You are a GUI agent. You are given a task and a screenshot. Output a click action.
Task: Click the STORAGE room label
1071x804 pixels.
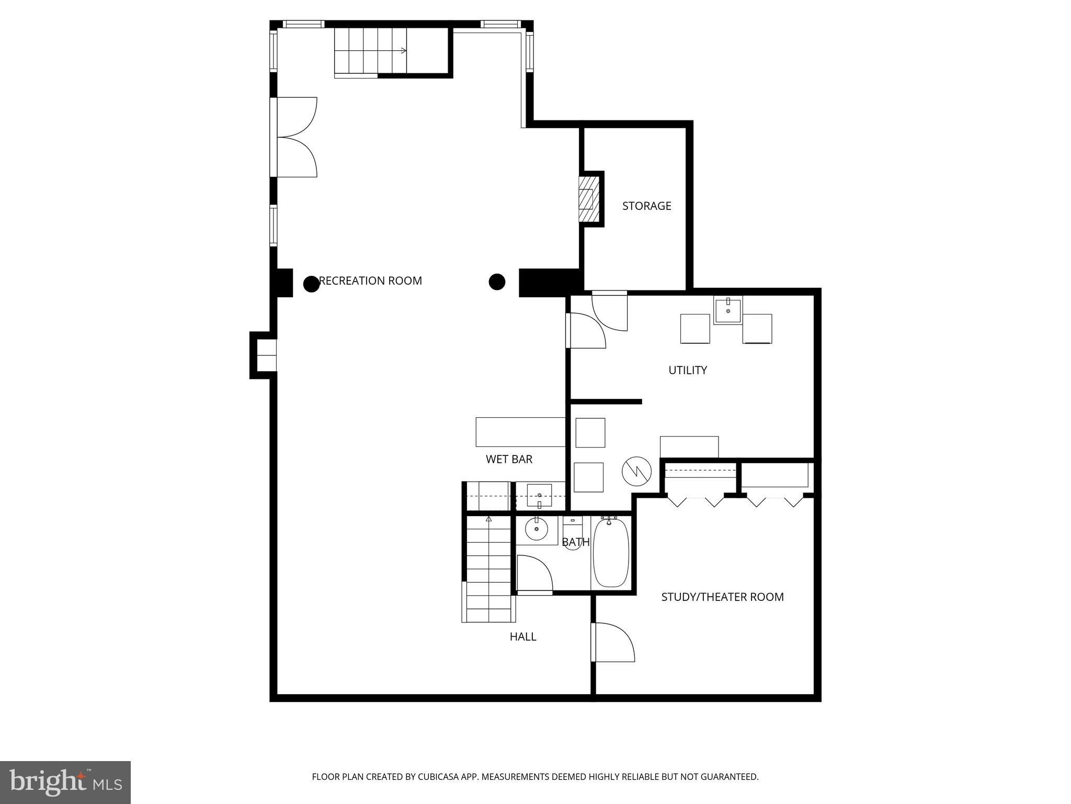click(646, 206)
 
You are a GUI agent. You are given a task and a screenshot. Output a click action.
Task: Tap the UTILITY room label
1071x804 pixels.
click(687, 371)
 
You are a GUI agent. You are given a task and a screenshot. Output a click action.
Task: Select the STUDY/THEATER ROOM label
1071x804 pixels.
click(722, 597)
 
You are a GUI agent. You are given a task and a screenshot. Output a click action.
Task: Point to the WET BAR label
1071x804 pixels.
click(509, 460)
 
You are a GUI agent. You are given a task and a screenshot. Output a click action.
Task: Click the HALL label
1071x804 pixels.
click(523, 637)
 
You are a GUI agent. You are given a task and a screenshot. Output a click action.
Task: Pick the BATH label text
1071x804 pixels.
click(576, 542)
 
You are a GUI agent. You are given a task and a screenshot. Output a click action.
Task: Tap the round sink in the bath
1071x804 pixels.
click(537, 529)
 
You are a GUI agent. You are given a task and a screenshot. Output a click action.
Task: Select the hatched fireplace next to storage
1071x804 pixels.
click(588, 199)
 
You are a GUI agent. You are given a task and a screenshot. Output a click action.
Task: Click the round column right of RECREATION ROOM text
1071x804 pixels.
click(497, 282)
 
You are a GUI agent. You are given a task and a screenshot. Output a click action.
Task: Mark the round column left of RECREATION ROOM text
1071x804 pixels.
click(311, 284)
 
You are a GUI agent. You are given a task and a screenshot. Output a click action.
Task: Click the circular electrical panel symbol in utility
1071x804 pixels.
click(636, 471)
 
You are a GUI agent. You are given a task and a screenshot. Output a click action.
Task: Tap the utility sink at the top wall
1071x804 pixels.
click(728, 311)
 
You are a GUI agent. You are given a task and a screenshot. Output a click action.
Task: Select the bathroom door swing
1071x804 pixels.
click(534, 574)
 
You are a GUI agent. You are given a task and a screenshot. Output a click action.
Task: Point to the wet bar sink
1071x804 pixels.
click(539, 495)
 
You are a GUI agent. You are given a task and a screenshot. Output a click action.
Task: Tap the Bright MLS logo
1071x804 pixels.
click(65, 782)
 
